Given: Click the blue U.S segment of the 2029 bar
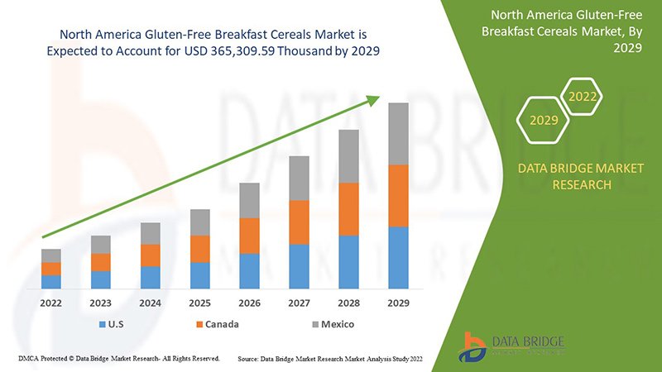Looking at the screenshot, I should tap(398, 257).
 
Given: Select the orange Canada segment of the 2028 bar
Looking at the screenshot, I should tap(348, 209).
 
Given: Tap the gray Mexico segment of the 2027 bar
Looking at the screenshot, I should tap(299, 178).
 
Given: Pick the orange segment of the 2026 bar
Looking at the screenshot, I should tap(249, 236).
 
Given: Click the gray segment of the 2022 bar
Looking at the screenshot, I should tap(51, 255).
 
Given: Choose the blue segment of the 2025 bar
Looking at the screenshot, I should tap(199, 275).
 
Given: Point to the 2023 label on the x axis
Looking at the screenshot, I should tap(101, 303).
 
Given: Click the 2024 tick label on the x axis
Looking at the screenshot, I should tap(150, 303).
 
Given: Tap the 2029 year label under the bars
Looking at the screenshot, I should tap(398, 303).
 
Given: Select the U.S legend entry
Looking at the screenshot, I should tap(113, 324).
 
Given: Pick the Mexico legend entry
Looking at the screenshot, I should tap(331, 324).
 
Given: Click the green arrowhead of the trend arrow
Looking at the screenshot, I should tap(373, 101).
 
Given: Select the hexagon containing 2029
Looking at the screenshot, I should tap(544, 121).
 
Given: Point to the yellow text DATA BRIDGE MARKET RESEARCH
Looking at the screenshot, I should tap(579, 176).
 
